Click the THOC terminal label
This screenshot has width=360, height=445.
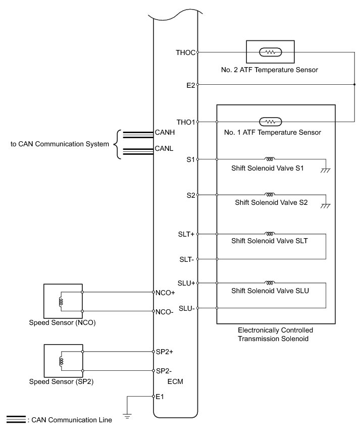click(185, 52)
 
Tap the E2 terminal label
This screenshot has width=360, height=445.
click(190, 85)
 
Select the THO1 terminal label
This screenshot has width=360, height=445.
click(185, 122)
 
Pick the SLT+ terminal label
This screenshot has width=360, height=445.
click(186, 234)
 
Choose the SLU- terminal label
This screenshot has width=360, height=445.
click(187, 308)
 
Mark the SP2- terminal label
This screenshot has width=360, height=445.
click(165, 371)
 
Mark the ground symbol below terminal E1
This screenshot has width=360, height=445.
click(127, 416)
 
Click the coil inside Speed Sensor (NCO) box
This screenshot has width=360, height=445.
click(62, 302)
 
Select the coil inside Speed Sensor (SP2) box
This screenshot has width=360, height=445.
click(62, 361)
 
